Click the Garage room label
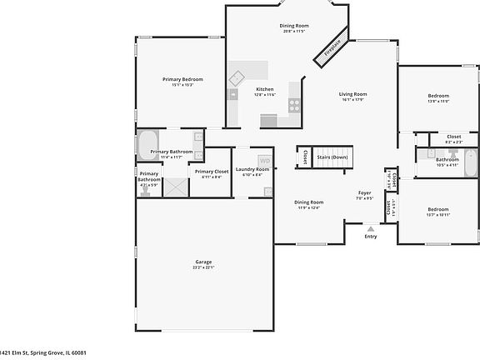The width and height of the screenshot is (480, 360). click(204, 262)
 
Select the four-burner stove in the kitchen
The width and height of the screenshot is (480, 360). click(294, 104)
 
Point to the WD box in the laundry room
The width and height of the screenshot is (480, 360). click(264, 161)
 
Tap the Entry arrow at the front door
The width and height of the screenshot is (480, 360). click(371, 226)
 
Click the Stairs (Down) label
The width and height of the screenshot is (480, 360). click(333, 156)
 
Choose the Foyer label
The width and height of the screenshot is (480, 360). click(364, 192)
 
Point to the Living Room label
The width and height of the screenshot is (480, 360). click(353, 94)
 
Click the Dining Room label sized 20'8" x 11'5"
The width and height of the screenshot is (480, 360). click(294, 26)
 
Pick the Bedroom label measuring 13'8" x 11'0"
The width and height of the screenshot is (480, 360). click(438, 96)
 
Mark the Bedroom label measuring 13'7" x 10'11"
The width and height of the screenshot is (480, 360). click(438, 209)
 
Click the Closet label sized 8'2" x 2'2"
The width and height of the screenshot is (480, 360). click(453, 137)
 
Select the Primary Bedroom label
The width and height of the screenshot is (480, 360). click(182, 79)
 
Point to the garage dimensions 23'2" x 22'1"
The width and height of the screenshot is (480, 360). click(204, 268)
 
